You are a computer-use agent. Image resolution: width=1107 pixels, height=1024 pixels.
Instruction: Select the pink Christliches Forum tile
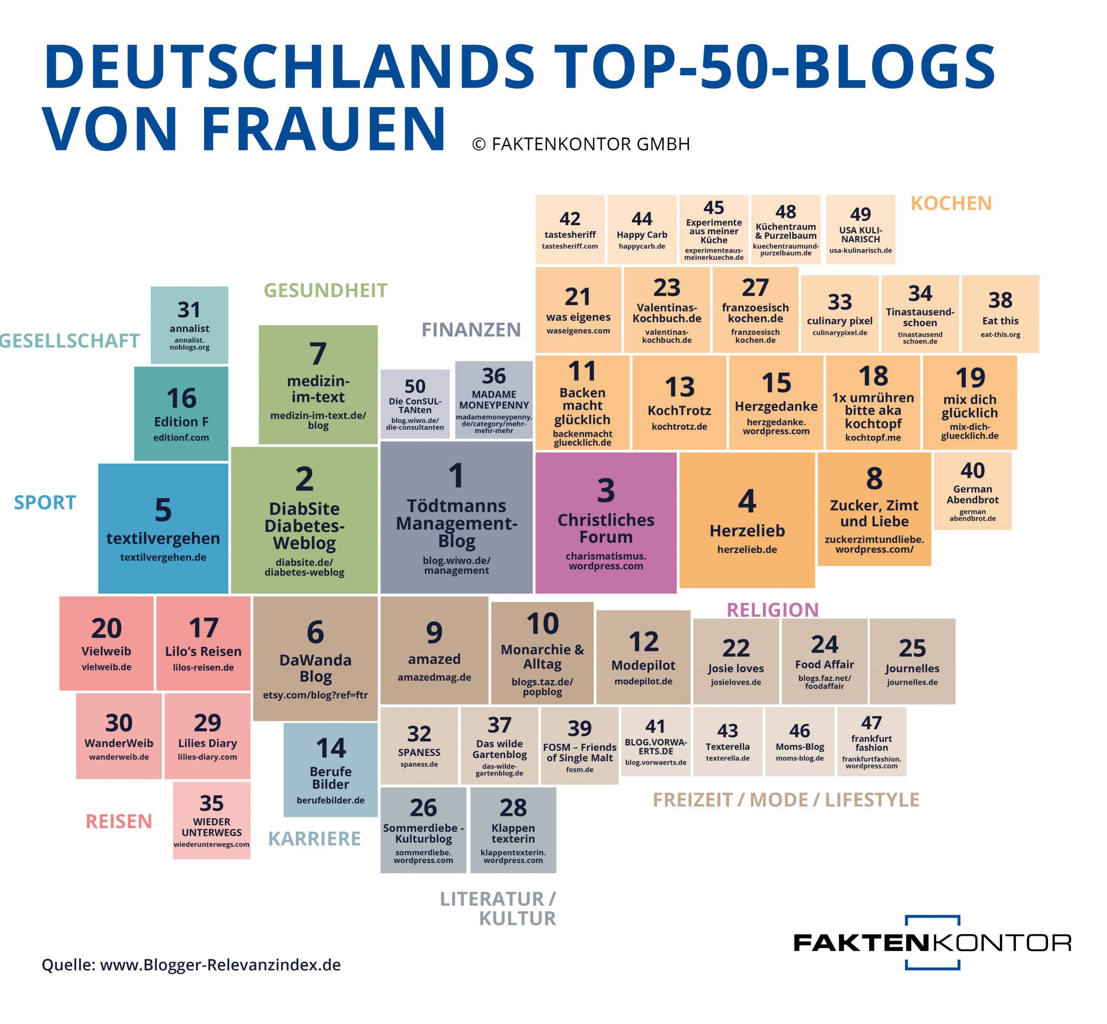click(x=605, y=522)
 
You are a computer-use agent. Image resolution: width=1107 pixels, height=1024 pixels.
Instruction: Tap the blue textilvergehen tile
click(x=163, y=528)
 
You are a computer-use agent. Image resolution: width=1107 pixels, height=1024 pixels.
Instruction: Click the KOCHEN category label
click(x=951, y=203)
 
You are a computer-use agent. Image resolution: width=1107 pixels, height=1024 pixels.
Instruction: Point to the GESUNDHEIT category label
click(x=325, y=290)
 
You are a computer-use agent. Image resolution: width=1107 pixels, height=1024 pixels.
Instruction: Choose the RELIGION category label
click(x=772, y=610)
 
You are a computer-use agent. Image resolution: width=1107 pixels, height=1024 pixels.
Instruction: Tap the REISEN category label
click(x=118, y=821)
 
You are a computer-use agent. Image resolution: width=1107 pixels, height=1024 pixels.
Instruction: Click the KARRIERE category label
click(x=314, y=838)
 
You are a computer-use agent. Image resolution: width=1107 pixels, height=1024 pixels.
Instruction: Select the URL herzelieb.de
click(x=747, y=549)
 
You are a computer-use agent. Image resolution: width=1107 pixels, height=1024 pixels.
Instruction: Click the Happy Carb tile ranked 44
click(x=642, y=229)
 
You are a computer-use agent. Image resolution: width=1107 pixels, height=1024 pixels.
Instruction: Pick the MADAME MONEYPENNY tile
click(x=494, y=400)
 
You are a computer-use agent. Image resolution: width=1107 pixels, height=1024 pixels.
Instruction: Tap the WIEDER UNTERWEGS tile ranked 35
click(x=211, y=820)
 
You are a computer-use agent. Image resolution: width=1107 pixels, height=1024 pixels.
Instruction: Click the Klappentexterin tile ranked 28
click(x=513, y=829)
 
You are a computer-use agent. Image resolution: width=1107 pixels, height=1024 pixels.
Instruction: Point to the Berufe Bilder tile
click(x=330, y=770)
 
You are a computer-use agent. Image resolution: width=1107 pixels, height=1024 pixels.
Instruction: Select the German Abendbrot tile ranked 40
click(x=973, y=491)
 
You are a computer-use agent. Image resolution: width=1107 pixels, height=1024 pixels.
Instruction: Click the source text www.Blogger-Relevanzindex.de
click(x=220, y=965)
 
